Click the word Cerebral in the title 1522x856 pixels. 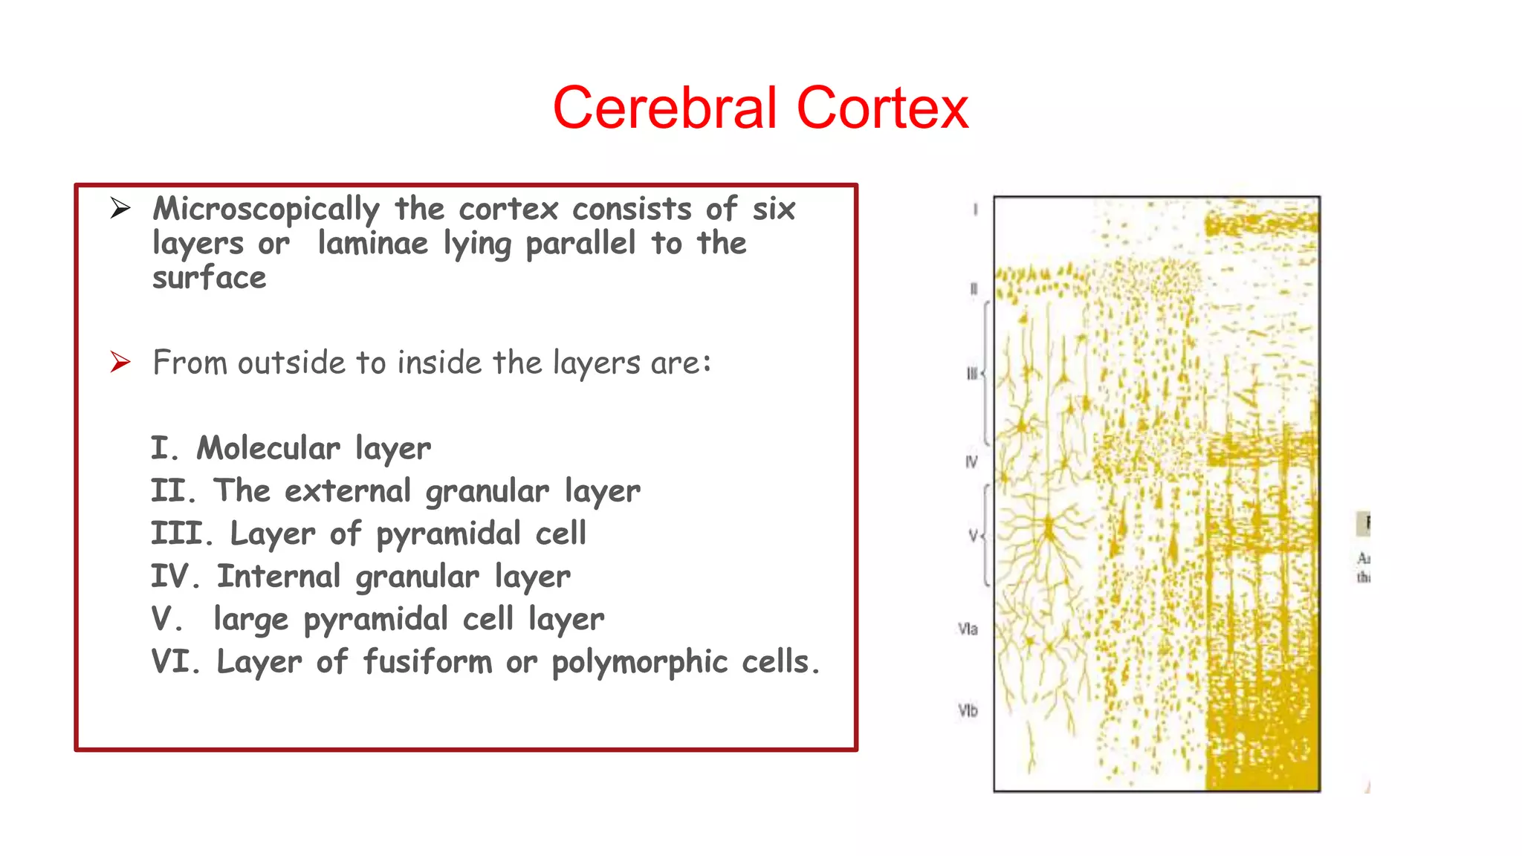point(664,108)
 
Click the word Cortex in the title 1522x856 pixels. point(882,108)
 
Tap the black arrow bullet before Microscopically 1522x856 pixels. point(120,208)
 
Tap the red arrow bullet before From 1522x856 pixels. point(120,362)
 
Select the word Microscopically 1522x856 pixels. point(266,210)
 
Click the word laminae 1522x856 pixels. point(373,244)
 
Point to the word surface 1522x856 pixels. point(209,278)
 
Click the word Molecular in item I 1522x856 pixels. point(268,448)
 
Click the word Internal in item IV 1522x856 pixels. point(279,577)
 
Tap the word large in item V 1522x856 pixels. point(250,620)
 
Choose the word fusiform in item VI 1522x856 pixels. point(427,662)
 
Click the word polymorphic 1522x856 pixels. point(639,662)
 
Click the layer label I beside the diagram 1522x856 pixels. point(975,210)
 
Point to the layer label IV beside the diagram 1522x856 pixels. point(971,462)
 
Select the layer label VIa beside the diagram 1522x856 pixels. point(968,629)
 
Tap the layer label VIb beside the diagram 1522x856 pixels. point(968,711)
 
